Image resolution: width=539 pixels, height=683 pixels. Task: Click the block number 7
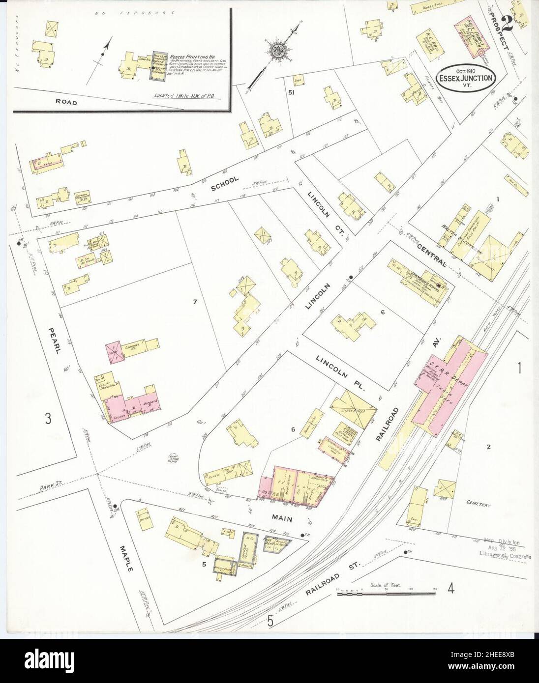point(195,302)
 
